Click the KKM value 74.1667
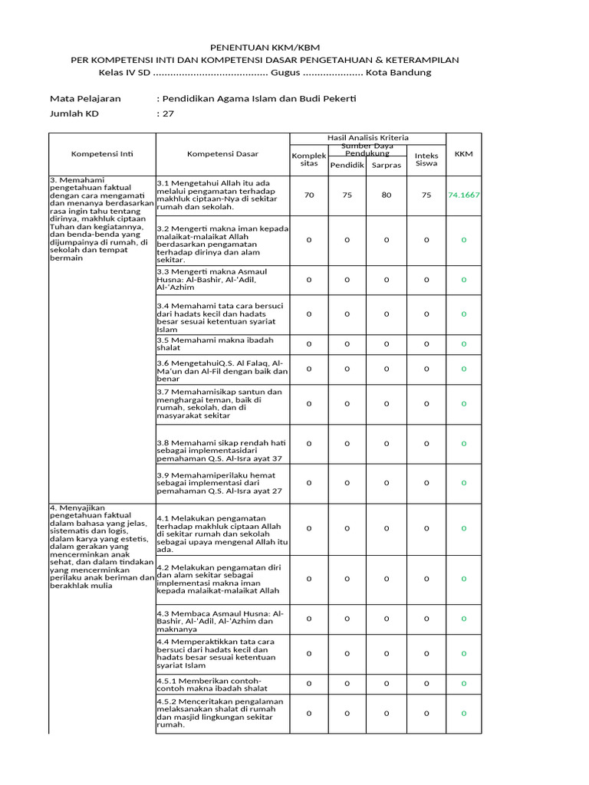464,195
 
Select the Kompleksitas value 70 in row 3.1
309,195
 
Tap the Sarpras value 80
386,195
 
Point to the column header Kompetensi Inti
102,154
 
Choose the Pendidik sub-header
347,165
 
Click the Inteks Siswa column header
426,159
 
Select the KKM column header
463,154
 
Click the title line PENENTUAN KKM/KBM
265,48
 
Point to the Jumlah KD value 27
166,113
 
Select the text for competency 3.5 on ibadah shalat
215,343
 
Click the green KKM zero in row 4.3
464,618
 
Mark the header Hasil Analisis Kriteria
368,137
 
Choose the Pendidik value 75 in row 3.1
347,195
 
